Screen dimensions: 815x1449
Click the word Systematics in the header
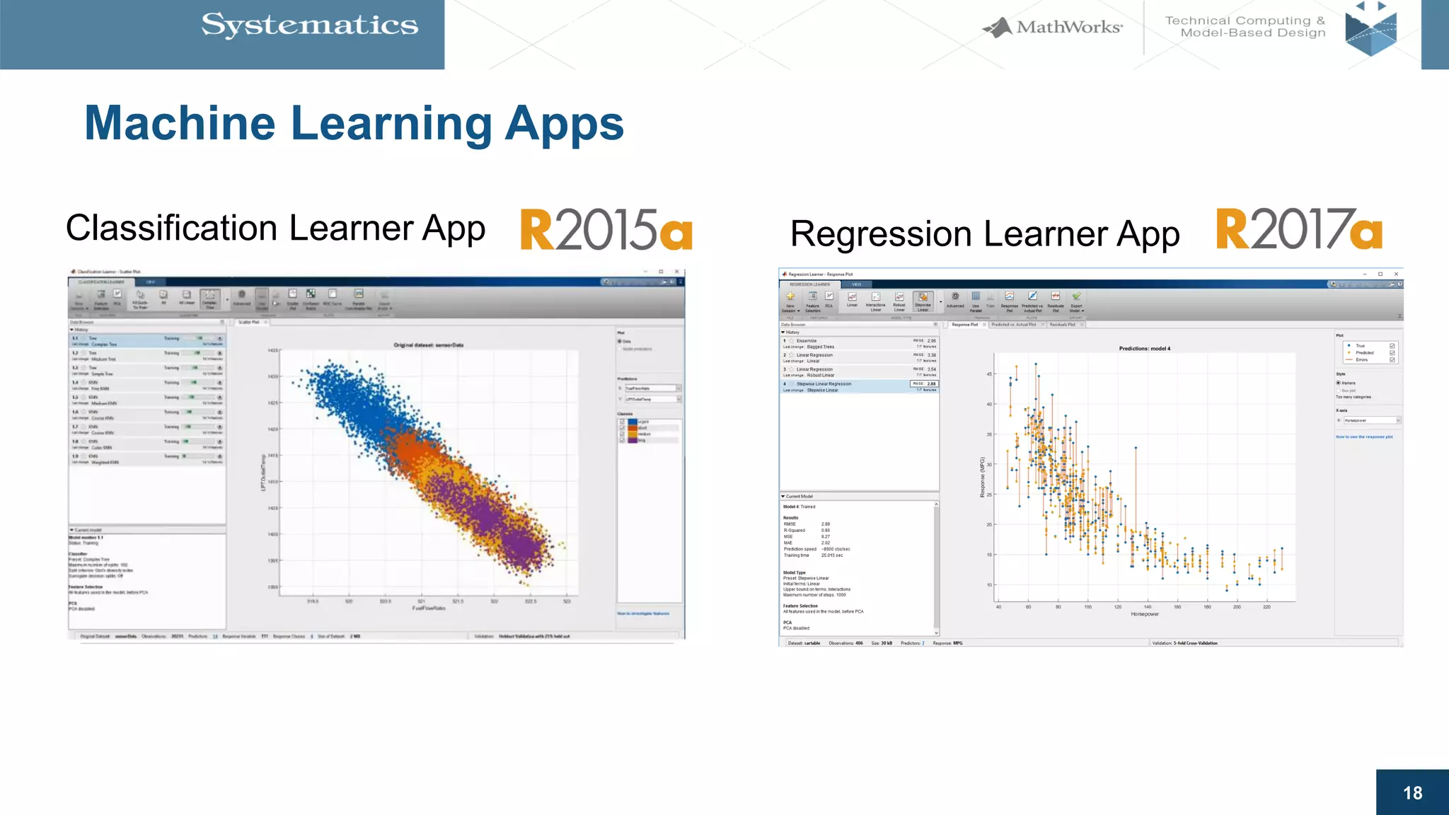(x=309, y=25)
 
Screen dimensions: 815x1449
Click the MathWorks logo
(x=1053, y=28)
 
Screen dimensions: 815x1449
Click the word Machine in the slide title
(x=180, y=124)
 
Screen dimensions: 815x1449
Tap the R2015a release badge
(x=606, y=230)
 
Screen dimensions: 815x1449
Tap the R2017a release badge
(x=1299, y=230)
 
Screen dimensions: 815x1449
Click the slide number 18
(x=1412, y=793)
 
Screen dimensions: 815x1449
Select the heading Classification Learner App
(x=275, y=229)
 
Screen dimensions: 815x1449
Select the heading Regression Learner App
(x=984, y=234)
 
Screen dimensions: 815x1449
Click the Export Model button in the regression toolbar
(x=1076, y=301)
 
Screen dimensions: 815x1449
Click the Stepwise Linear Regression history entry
(x=824, y=384)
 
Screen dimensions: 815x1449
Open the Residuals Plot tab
(x=1062, y=325)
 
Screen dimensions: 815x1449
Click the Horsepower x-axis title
(x=1144, y=614)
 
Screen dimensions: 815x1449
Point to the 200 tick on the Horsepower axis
(x=1237, y=607)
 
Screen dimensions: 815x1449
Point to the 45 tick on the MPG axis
(x=990, y=374)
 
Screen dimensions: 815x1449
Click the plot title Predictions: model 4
(x=1144, y=349)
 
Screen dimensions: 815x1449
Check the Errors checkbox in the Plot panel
(x=1392, y=360)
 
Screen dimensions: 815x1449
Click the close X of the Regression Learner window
(x=1396, y=274)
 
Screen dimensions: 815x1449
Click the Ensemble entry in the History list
(x=807, y=341)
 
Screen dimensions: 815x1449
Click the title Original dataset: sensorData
(x=428, y=345)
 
